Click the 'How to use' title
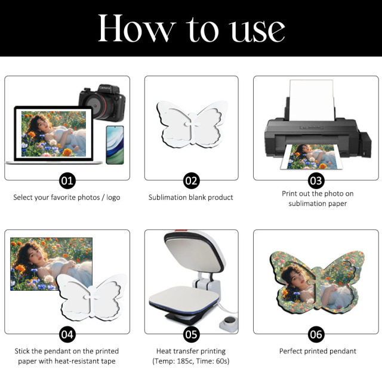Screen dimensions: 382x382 [x=191, y=28]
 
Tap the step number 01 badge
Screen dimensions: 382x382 [x=67, y=180]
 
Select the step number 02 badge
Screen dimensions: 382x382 [x=191, y=180]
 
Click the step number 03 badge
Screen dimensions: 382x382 [x=315, y=180]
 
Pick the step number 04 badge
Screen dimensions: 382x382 [x=67, y=334]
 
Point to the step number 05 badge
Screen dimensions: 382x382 [x=191, y=334]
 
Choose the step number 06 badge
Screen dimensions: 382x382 [x=315, y=334]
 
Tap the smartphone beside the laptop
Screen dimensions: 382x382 [x=115, y=144]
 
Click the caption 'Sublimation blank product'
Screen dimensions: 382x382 [x=191, y=198]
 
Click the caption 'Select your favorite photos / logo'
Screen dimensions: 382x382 [x=67, y=198]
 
